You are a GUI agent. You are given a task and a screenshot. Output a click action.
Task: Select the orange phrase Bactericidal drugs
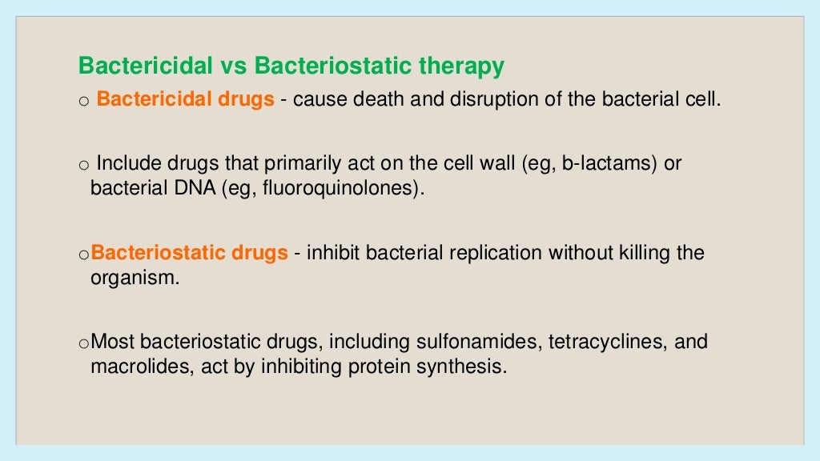point(185,101)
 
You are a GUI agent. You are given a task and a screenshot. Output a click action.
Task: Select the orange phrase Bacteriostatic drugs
point(190,253)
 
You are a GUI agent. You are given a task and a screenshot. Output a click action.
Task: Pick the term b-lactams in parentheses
point(609,164)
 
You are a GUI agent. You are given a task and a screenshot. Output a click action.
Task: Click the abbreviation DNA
point(176,190)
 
